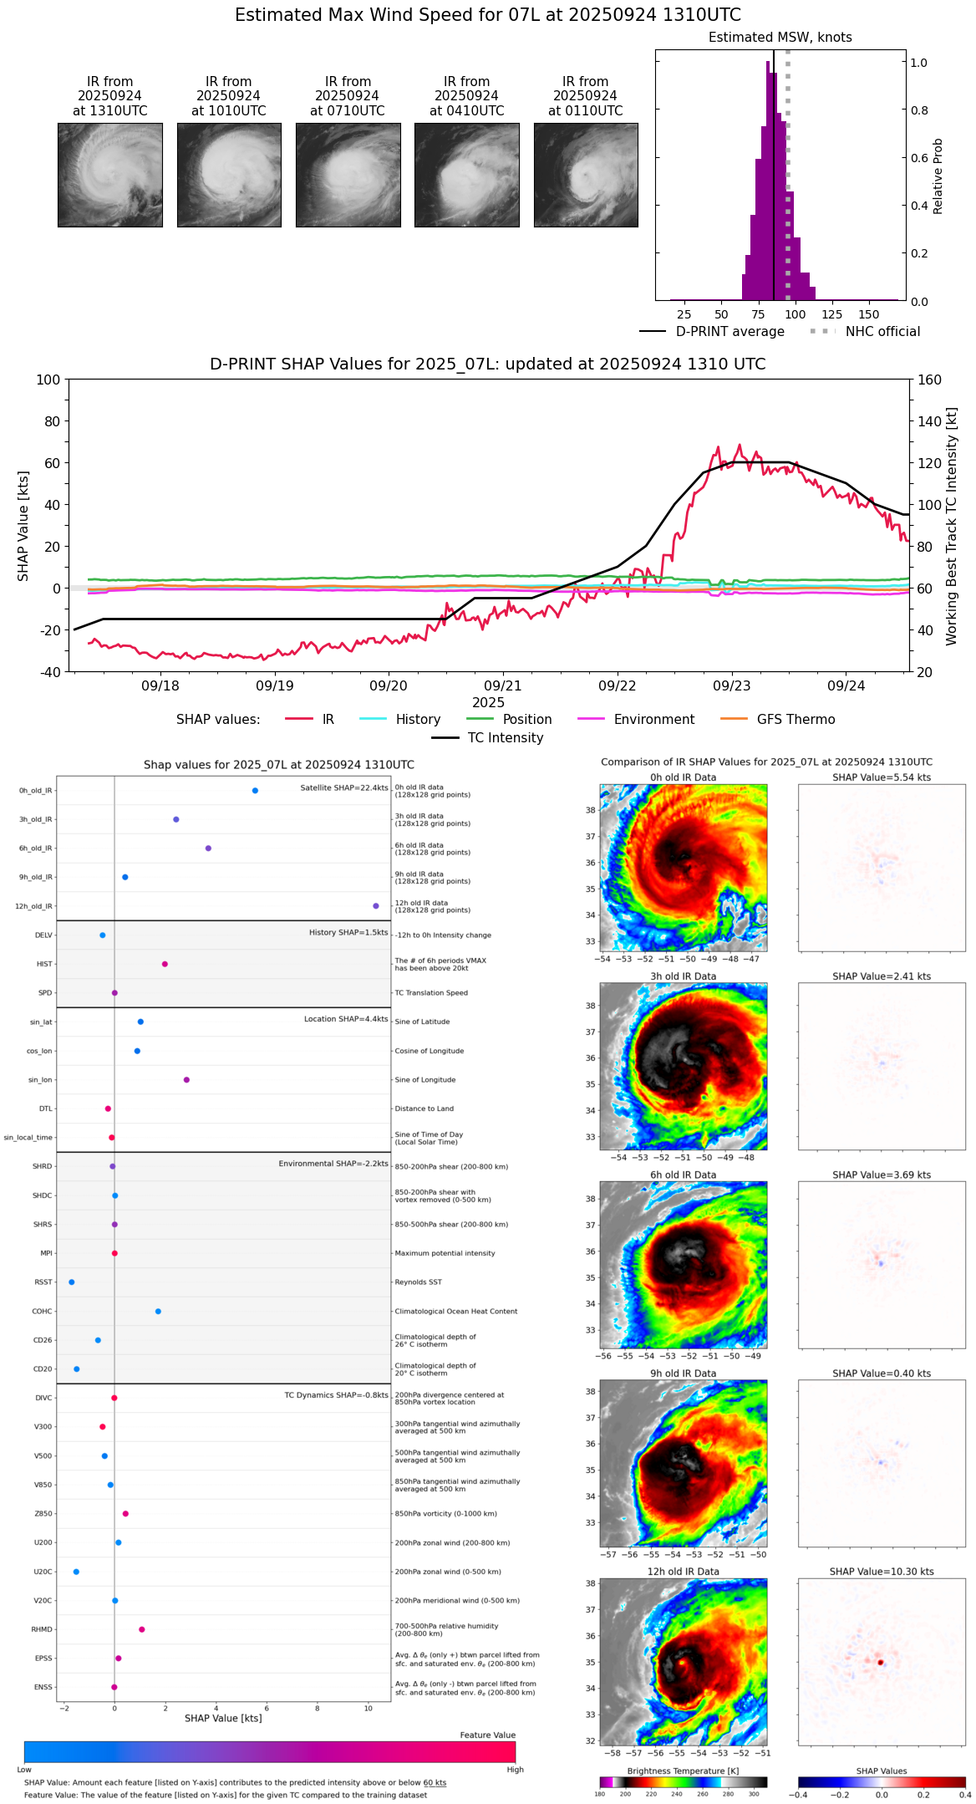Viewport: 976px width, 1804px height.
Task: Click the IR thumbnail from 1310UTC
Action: pos(109,175)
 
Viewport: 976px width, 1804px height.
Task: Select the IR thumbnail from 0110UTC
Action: pos(586,175)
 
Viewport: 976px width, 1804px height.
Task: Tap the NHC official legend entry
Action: pos(882,332)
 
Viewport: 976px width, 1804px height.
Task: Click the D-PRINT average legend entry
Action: pos(729,332)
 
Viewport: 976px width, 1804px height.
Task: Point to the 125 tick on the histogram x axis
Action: pos(831,314)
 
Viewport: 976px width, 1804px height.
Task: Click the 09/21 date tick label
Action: pos(503,685)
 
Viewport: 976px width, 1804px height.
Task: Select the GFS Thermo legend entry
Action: pos(796,719)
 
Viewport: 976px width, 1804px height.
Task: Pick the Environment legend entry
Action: pos(653,719)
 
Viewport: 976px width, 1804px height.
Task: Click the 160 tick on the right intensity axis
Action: pos(929,380)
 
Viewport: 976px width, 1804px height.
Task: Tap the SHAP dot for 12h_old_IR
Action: pos(376,905)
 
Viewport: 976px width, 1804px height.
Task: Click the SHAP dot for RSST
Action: pos(71,1282)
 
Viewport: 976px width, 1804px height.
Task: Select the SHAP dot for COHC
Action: pos(158,1311)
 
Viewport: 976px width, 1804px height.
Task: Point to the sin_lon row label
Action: pos(40,1079)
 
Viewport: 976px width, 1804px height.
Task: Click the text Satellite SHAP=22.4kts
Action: pos(344,787)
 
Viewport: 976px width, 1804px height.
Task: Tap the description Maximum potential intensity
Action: pos(445,1253)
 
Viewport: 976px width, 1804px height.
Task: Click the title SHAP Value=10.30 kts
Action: pos(882,1572)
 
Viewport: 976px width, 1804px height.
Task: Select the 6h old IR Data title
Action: pos(683,1175)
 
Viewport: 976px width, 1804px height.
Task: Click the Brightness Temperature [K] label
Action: pos(683,1771)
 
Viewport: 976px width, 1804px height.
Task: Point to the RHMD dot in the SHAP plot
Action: pos(142,1629)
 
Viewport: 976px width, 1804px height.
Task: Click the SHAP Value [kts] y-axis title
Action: pos(23,526)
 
